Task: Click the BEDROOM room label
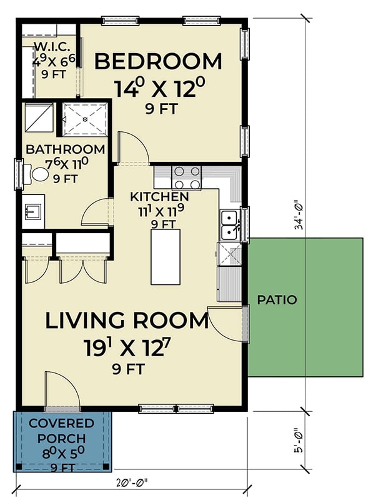tap(158, 62)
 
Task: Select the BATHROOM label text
tap(65, 149)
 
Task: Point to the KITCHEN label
tap(159, 197)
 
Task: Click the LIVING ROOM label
tap(127, 321)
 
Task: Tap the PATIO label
tap(277, 300)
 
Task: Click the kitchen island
tap(165, 257)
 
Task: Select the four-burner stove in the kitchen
tap(186, 177)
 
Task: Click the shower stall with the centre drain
tap(84, 119)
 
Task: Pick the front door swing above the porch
tap(62, 389)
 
